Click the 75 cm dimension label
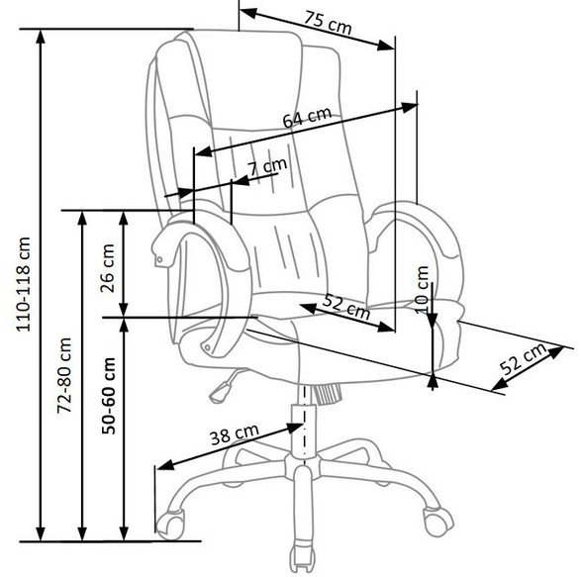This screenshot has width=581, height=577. (x=328, y=23)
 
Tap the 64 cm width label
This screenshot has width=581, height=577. (x=307, y=117)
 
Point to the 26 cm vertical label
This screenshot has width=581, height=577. (x=108, y=268)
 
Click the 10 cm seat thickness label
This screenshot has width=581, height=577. (x=422, y=290)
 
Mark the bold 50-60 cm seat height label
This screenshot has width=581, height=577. (x=108, y=396)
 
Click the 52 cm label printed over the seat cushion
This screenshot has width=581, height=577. (x=346, y=307)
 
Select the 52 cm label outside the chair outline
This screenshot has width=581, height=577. (x=524, y=358)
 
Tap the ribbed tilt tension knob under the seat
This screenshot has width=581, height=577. (x=326, y=394)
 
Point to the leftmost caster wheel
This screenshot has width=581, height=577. (x=170, y=524)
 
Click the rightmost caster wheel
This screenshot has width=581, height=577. (x=438, y=520)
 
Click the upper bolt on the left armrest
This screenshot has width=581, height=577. (x=159, y=259)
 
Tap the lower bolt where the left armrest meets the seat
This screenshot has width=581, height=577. (x=207, y=347)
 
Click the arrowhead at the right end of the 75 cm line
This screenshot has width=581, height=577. (x=386, y=46)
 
